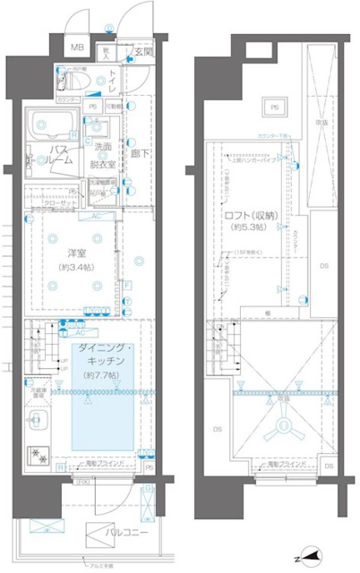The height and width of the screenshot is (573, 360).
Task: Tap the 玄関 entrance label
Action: click(x=142, y=52)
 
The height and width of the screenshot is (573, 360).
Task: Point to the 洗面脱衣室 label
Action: click(x=101, y=157)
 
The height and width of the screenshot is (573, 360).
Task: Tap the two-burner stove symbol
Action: click(x=39, y=455)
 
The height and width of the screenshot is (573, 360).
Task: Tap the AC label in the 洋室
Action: click(x=95, y=217)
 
